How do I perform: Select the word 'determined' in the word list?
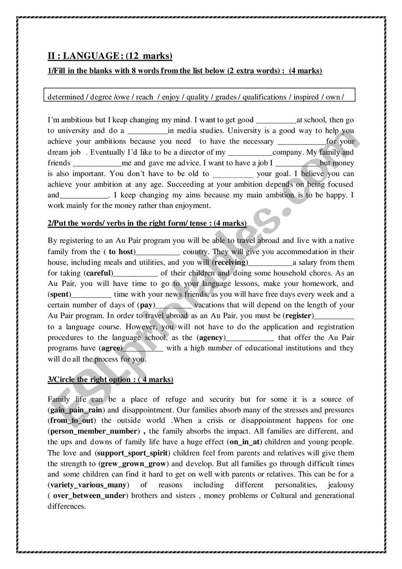point(66,97)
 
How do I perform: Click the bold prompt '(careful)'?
point(98,273)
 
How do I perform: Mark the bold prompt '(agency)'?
point(211,338)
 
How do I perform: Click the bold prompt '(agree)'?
point(110,349)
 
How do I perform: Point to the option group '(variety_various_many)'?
point(89,485)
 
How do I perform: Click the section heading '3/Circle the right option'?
point(110,380)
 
